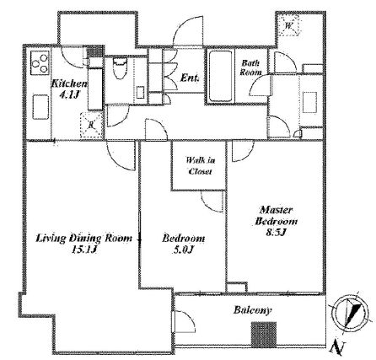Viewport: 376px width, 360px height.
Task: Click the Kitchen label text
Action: coord(69,83)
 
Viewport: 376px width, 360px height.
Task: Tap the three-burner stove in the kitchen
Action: coord(40,62)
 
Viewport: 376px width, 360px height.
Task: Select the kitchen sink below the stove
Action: coord(40,107)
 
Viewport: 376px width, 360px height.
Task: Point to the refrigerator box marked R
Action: coord(91,125)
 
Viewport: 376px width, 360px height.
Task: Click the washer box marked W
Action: coord(289,25)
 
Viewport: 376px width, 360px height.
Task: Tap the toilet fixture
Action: coord(120,67)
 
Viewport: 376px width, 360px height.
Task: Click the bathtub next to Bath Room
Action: coord(220,76)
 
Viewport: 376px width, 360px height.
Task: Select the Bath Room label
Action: coord(250,67)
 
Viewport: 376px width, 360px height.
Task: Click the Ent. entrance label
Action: coord(190,78)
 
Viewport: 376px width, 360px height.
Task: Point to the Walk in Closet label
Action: coord(201,166)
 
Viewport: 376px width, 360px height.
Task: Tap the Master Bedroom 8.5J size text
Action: coord(276,233)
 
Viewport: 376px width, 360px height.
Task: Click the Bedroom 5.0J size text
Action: coord(183,250)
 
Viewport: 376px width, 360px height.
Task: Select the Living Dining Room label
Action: coord(83,239)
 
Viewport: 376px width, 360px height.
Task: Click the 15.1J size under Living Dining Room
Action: coord(84,250)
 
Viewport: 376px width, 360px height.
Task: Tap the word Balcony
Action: coord(253,310)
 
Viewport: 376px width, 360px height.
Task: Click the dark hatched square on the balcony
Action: coord(264,335)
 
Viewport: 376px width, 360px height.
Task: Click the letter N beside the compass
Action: coord(336,348)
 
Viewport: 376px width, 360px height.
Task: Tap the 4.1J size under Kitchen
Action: coord(68,94)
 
